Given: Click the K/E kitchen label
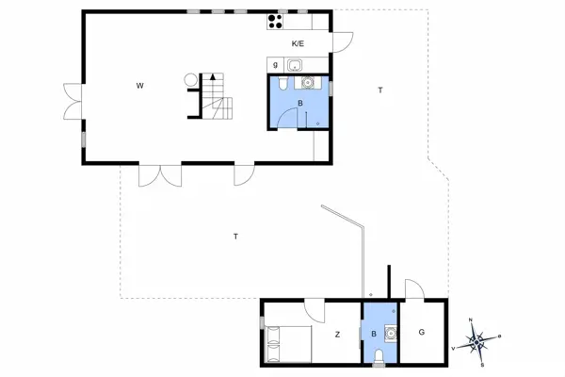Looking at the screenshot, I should [298, 43].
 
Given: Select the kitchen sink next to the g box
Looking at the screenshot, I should [295, 65].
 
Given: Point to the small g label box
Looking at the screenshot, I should [275, 65].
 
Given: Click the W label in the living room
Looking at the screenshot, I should [139, 87].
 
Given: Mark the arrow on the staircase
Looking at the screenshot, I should [215, 77].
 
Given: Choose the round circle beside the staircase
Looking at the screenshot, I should [191, 81].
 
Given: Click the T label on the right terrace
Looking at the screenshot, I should [380, 90].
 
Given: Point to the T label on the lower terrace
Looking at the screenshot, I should [234, 236].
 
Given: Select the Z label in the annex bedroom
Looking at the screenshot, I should [336, 334].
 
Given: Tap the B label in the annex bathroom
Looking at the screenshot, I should [375, 334].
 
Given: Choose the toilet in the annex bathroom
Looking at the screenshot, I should [379, 354].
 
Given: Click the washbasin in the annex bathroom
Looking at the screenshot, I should [391, 332].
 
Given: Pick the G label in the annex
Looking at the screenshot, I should [421, 332].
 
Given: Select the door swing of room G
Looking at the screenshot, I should [412, 288].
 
